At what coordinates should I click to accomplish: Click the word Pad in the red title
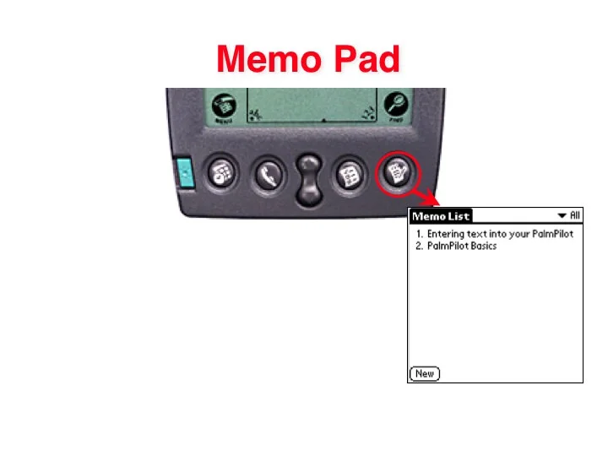[365, 59]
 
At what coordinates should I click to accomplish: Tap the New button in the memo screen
[425, 373]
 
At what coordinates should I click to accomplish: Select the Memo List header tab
[440, 216]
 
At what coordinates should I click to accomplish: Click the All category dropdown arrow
[562, 216]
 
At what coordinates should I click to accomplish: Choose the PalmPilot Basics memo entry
[455, 247]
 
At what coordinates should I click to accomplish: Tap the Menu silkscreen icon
[224, 107]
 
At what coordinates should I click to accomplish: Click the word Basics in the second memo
[481, 247]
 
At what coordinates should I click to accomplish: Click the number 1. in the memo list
[417, 234]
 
